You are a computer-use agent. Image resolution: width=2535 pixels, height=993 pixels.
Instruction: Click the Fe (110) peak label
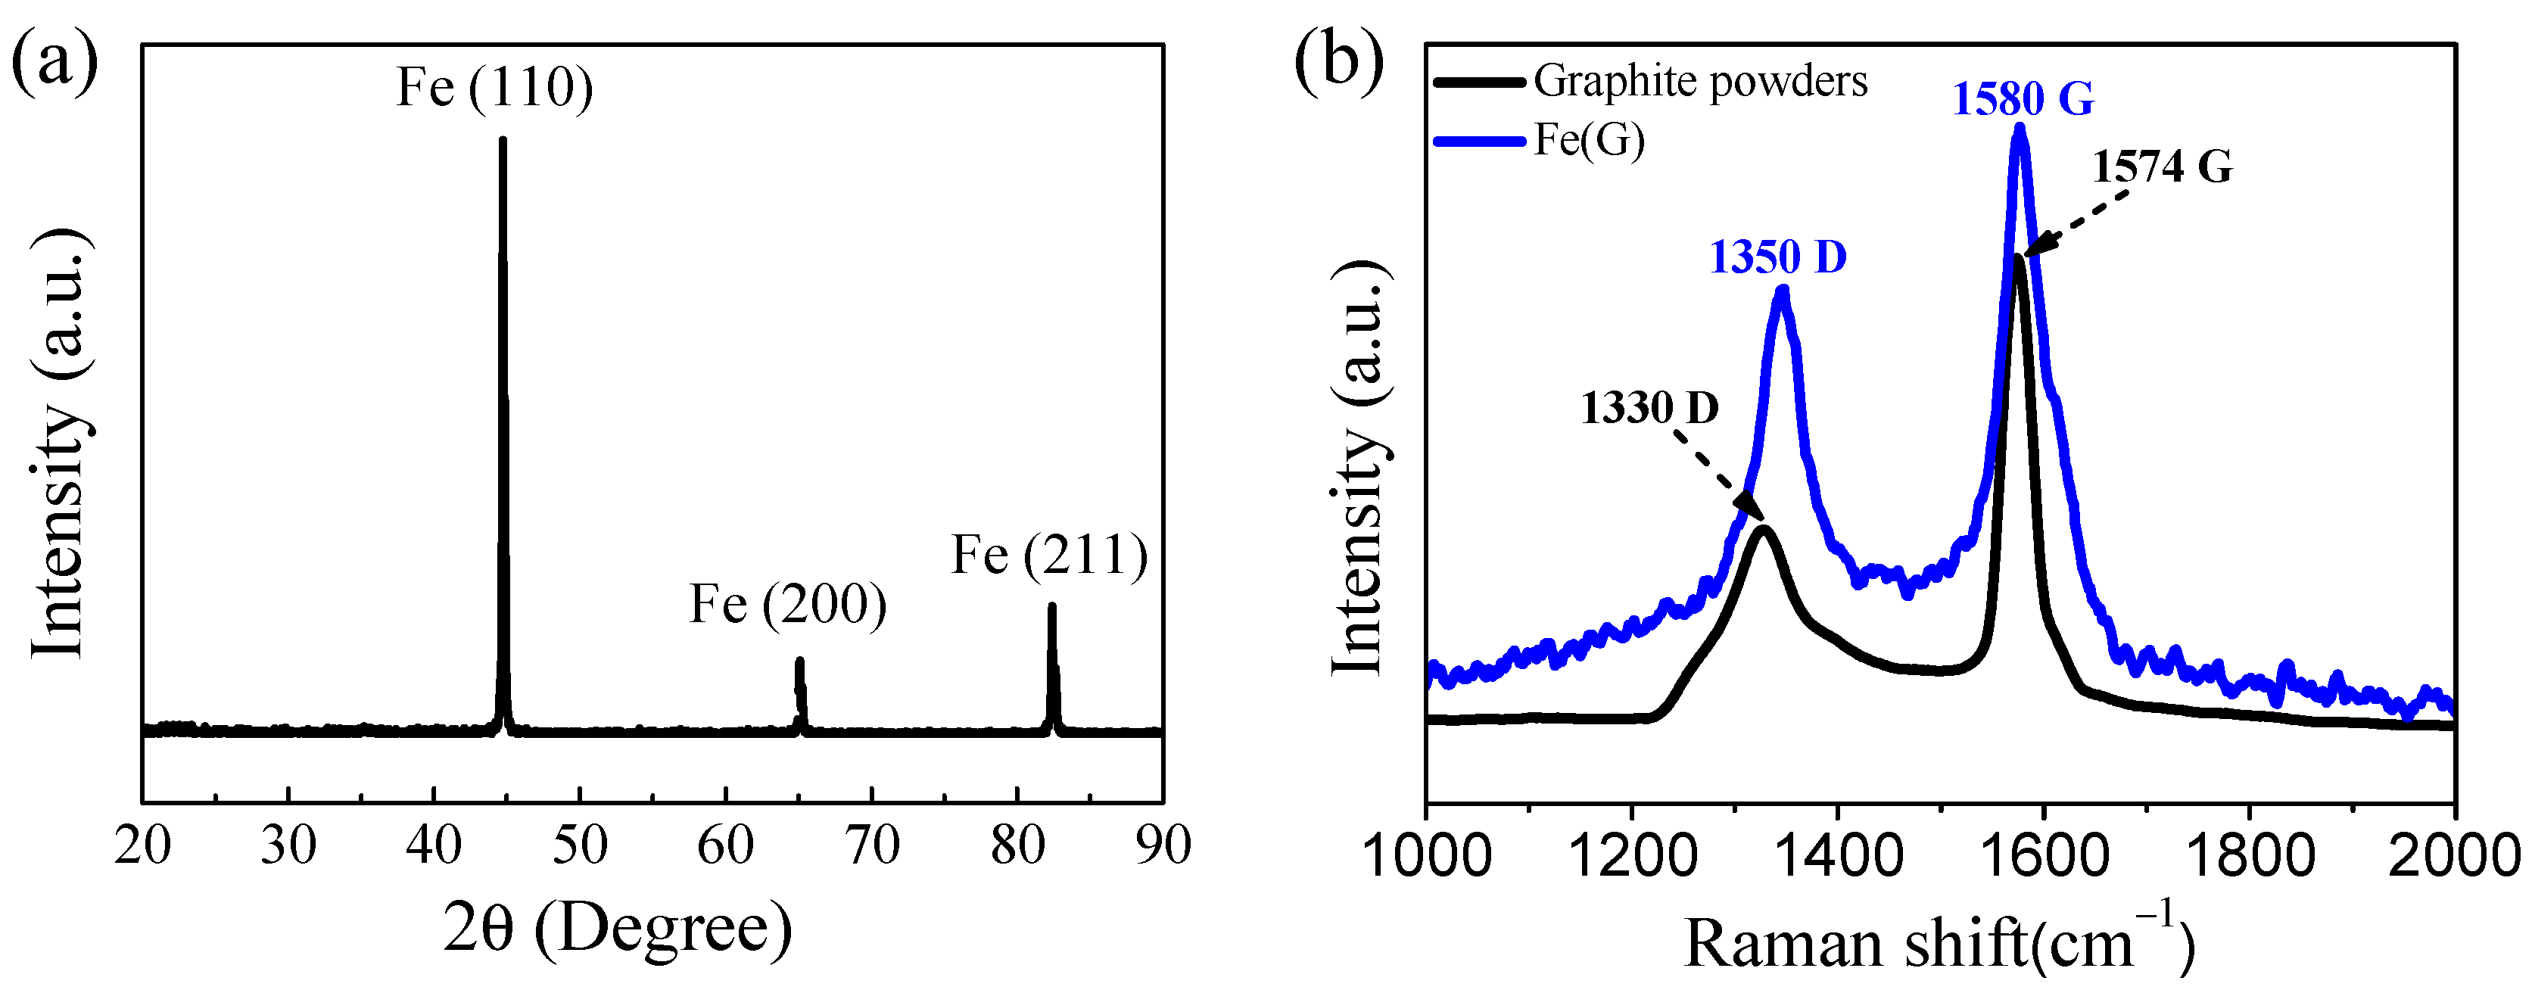[x=494, y=88]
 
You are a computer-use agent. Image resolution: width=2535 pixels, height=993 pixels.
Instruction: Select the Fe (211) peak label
[x=1049, y=556]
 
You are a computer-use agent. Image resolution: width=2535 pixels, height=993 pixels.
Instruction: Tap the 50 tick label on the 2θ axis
[x=580, y=846]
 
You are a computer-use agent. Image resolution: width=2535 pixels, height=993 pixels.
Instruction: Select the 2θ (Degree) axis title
[x=617, y=929]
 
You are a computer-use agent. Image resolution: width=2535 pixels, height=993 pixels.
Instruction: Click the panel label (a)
[x=54, y=61]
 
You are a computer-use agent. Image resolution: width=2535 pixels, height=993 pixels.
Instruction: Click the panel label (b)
[x=1338, y=61]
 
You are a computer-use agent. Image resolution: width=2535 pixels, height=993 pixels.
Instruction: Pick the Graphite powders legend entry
[x=1699, y=82]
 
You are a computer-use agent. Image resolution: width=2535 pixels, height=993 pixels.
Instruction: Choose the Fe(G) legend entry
[x=1590, y=141]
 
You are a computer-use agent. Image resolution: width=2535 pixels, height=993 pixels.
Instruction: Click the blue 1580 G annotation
[x=2023, y=99]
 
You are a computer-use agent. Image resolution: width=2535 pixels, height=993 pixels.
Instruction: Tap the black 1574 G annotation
[x=2162, y=167]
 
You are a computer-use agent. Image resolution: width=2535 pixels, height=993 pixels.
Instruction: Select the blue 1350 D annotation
[x=1778, y=258]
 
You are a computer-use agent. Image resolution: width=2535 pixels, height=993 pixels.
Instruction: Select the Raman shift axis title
[x=1939, y=943]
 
